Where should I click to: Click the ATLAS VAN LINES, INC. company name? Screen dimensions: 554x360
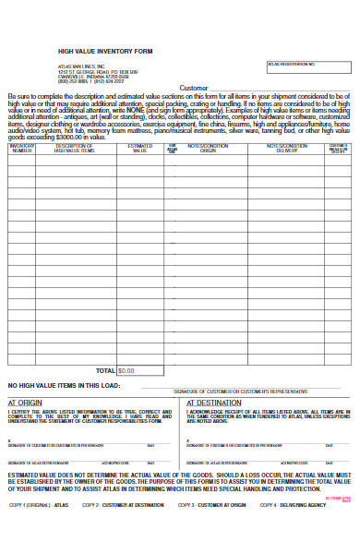pos(81,65)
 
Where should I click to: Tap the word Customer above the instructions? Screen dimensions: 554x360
pos(194,88)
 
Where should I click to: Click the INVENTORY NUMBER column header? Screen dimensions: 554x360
pos(21,148)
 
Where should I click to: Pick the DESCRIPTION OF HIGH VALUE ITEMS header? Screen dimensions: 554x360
pos(75,148)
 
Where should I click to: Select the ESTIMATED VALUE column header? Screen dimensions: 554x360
pos(139,148)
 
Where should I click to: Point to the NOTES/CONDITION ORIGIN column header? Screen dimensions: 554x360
pos(208,148)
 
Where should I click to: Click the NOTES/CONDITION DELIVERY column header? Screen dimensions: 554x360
pos(286,148)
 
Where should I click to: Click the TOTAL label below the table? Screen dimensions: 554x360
pos(105,370)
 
